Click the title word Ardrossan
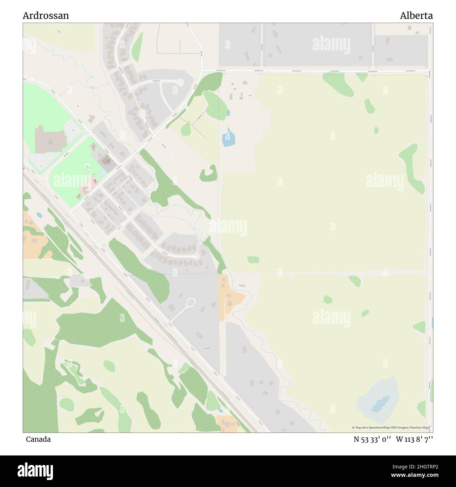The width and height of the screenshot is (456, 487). pyautogui.click(x=46, y=16)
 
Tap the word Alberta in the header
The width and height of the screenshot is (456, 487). pyautogui.click(x=416, y=16)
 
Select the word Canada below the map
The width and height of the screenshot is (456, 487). pyautogui.click(x=38, y=439)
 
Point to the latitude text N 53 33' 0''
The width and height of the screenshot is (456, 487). pyautogui.click(x=372, y=439)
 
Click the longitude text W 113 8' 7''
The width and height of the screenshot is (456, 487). pyautogui.click(x=414, y=439)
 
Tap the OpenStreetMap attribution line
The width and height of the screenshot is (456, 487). pyautogui.click(x=391, y=427)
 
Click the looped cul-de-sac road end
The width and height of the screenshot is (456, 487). pyautogui.click(x=191, y=302)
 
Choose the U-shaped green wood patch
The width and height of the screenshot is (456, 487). pyautogui.click(x=208, y=173)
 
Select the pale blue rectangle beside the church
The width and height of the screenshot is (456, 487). pyautogui.click(x=101, y=174)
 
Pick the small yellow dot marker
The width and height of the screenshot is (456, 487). pyautogui.click(x=78, y=106)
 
